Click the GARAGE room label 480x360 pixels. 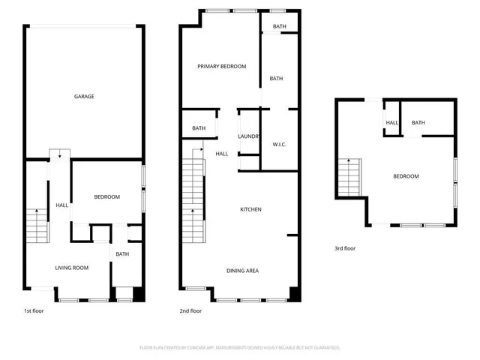pyautogui.click(x=84, y=97)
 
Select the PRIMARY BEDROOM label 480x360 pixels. pyautogui.click(x=222, y=67)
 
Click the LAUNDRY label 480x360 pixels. pyautogui.click(x=248, y=136)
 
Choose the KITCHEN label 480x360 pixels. pyautogui.click(x=250, y=209)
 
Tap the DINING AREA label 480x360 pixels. pyautogui.click(x=242, y=270)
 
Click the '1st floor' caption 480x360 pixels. pyautogui.click(x=33, y=310)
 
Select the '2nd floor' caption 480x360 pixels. pyautogui.click(x=190, y=310)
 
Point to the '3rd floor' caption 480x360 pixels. pyautogui.click(x=345, y=248)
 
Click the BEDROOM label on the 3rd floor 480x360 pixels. pyautogui.click(x=406, y=176)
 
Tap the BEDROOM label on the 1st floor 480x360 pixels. pyautogui.click(x=106, y=197)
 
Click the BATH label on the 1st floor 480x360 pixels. pyautogui.click(x=121, y=254)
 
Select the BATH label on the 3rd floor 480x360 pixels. pyautogui.click(x=418, y=123)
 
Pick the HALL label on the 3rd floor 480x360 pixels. pyautogui.click(x=391, y=123)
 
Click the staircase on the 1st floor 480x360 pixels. pyautogui.click(x=34, y=224)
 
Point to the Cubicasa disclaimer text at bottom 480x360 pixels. pyautogui.click(x=240, y=347)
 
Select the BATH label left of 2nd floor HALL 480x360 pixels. pyautogui.click(x=199, y=128)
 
